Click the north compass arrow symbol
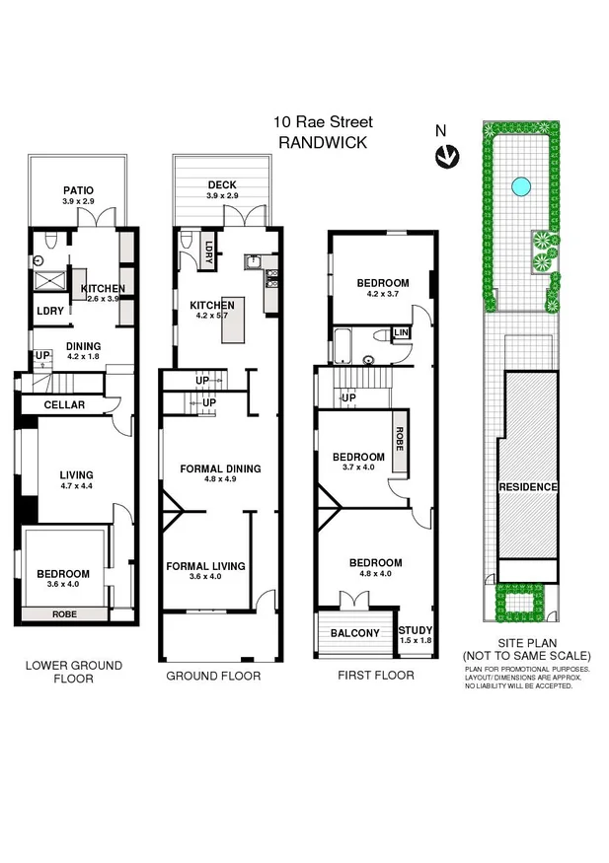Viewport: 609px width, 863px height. pyautogui.click(x=447, y=154)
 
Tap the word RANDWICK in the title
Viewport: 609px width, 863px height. pyautogui.click(x=324, y=142)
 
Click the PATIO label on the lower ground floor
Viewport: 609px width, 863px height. pyautogui.click(x=77, y=190)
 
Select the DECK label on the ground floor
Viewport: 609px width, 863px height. pyautogui.click(x=221, y=184)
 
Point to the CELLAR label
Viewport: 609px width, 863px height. pyautogui.click(x=64, y=405)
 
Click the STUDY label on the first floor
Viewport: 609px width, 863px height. pyautogui.click(x=415, y=628)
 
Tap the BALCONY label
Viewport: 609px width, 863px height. pyautogui.click(x=355, y=633)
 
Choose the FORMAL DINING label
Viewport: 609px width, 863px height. pyautogui.click(x=220, y=468)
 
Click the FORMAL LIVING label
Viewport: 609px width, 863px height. pyautogui.click(x=205, y=566)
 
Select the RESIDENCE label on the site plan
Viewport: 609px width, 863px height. pyautogui.click(x=528, y=487)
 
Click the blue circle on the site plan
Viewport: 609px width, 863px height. pyautogui.click(x=519, y=184)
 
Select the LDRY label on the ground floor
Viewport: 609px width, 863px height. pyautogui.click(x=210, y=250)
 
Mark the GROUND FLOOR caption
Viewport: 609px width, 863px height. pyautogui.click(x=213, y=676)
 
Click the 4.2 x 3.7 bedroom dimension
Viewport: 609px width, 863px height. pyautogui.click(x=387, y=294)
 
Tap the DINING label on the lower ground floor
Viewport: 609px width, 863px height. pyautogui.click(x=84, y=345)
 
